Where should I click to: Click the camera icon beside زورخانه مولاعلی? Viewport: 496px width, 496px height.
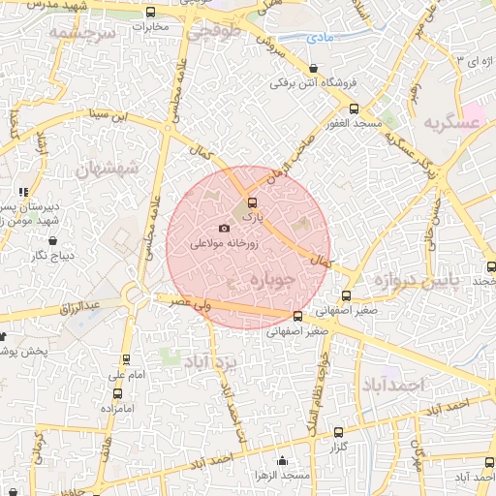225,229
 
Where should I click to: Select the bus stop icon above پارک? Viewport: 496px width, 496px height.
253,203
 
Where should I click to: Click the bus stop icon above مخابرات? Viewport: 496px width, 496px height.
150,13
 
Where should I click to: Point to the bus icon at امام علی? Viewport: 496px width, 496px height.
126,357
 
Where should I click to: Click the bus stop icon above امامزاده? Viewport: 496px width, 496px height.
118,393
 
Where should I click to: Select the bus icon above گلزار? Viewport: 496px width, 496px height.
338,432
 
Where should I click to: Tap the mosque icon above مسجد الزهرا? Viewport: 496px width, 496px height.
282,461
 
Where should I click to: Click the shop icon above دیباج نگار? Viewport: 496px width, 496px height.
52,240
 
